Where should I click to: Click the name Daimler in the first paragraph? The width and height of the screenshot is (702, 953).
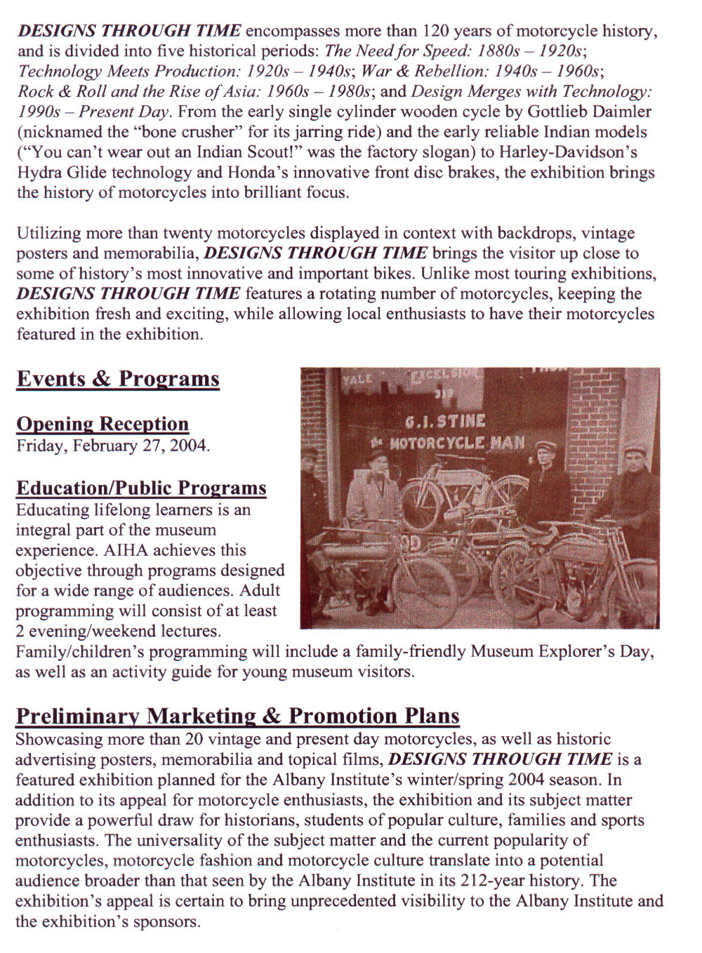click(623, 112)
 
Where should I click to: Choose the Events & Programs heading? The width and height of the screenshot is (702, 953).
click(118, 379)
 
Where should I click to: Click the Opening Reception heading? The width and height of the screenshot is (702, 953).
click(102, 424)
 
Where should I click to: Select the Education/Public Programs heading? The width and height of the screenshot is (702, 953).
click(141, 488)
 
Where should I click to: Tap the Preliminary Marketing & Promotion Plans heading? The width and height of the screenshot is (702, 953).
click(237, 716)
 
